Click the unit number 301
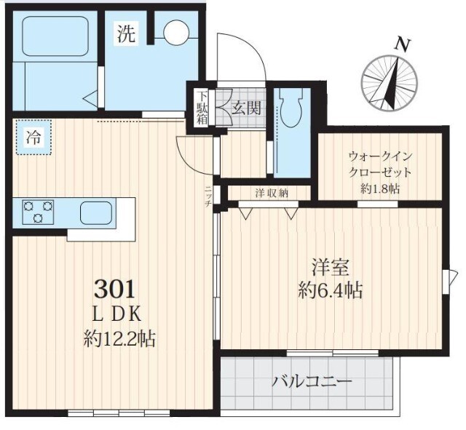(114, 289)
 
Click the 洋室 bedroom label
(330, 267)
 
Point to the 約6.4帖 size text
(330, 290)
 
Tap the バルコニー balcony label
(312, 381)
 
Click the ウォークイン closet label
(380, 156)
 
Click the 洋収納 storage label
(270, 193)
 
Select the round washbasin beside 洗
(175, 32)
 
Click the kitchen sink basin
(100, 213)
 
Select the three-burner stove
(39, 212)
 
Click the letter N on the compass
(400, 44)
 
